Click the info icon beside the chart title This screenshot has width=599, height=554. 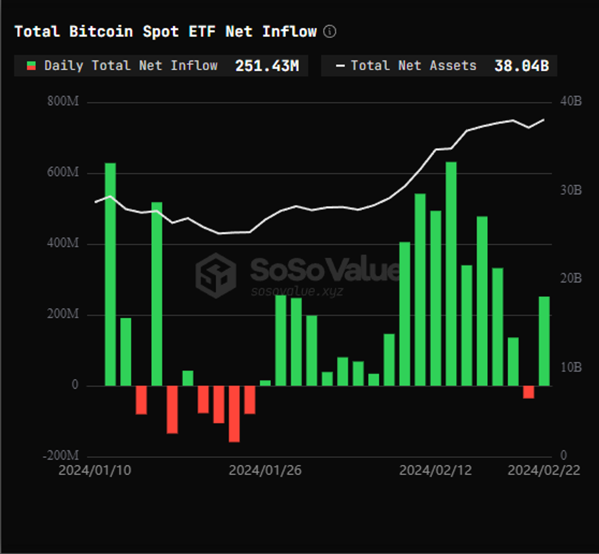[x=330, y=31]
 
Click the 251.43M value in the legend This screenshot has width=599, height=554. [x=267, y=66]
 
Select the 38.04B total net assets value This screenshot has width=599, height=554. [x=521, y=66]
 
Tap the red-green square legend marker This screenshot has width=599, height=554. [x=31, y=66]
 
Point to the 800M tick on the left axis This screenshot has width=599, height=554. [x=63, y=101]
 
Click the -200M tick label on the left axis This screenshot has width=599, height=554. [x=61, y=456]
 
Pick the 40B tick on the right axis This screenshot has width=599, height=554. [x=571, y=101]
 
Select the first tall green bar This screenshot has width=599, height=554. [x=110, y=274]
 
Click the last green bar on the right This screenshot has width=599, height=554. [x=544, y=341]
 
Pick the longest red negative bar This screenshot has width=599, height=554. [x=234, y=414]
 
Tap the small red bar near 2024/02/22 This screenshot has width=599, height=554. [x=529, y=392]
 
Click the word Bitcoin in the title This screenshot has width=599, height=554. [x=101, y=31]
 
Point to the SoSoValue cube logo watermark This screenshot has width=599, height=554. [x=216, y=275]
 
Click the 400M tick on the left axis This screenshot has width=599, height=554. [x=63, y=243]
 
